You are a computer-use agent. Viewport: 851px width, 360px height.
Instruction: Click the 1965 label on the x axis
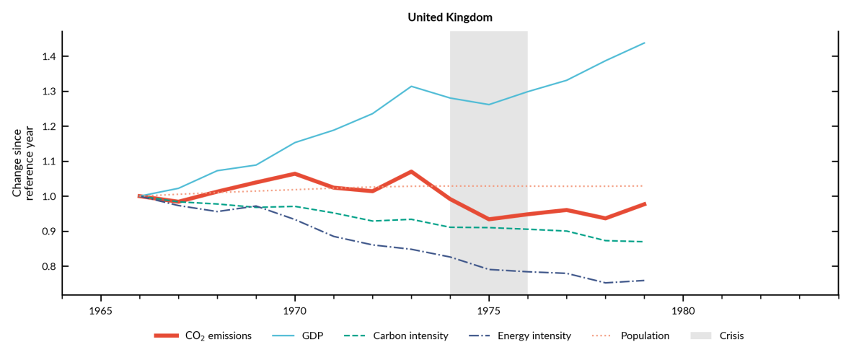tap(101, 311)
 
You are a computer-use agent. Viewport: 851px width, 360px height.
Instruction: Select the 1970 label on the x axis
tap(295, 311)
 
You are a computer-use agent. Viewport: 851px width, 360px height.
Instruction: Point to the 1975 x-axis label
tap(489, 311)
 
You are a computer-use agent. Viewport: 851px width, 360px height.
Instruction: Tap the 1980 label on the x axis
tap(683, 311)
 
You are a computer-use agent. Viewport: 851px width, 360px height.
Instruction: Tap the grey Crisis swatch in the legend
tap(702, 335)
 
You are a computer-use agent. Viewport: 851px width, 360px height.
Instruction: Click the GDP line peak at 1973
tap(411, 87)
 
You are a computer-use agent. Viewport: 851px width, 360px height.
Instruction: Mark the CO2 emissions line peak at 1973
tap(411, 172)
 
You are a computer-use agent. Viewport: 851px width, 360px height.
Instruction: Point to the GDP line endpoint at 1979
tap(644, 43)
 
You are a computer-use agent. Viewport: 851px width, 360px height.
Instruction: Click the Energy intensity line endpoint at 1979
tap(644, 280)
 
